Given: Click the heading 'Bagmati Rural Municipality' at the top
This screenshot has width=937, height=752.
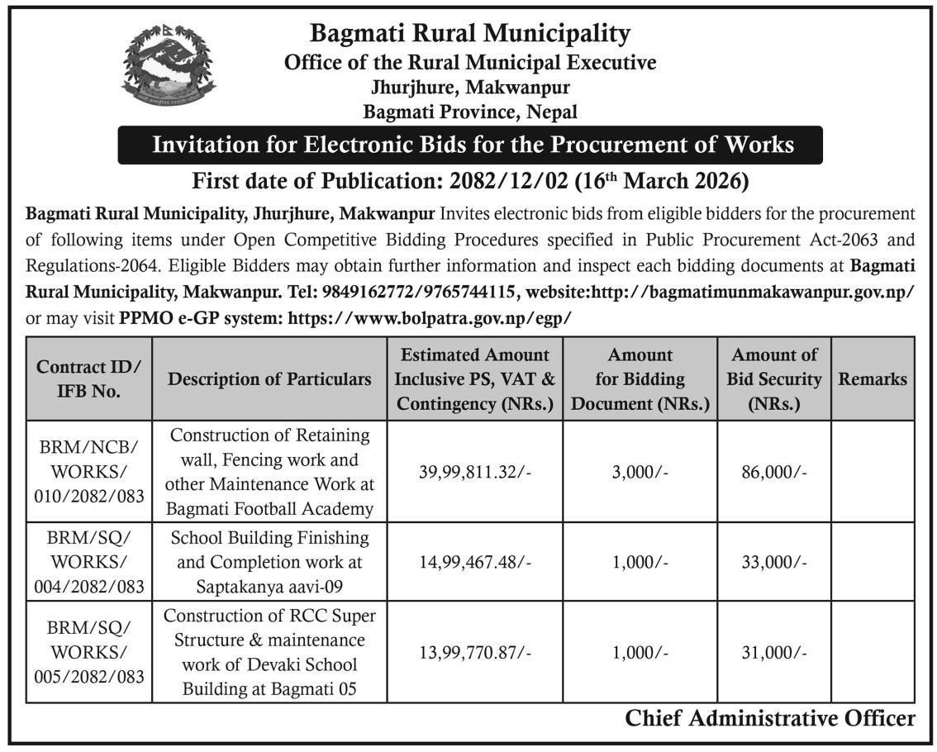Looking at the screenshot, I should [x=469, y=33].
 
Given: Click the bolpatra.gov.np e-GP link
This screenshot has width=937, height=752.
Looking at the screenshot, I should [x=429, y=317].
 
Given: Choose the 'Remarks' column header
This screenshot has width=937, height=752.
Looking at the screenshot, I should [x=872, y=379].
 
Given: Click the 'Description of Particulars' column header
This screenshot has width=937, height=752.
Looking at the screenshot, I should [x=269, y=379].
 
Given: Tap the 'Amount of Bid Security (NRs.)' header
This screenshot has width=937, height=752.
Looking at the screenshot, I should [x=774, y=379].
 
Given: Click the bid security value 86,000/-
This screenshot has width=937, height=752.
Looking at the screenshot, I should [x=774, y=472].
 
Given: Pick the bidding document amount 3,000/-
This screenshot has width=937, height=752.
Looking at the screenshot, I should [x=640, y=472].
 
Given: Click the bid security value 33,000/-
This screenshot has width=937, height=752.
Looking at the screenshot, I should [x=774, y=562].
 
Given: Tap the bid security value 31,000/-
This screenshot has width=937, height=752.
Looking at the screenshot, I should [x=774, y=652].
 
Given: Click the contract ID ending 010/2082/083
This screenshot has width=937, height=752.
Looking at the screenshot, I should [x=89, y=471].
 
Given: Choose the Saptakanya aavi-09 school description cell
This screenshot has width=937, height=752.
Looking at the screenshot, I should [x=269, y=562].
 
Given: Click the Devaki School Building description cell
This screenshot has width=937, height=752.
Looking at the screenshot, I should [x=269, y=652].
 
